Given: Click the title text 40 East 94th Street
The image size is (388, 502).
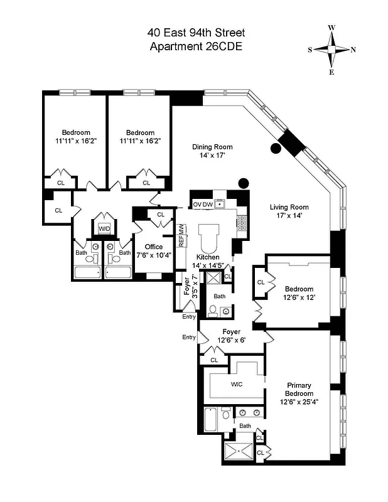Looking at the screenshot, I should tap(196, 32).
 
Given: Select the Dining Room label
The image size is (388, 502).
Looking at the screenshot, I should tap(208, 151).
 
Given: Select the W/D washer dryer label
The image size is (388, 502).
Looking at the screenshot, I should tap(104, 229).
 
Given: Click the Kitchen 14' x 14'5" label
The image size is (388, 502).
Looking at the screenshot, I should tap(207, 262).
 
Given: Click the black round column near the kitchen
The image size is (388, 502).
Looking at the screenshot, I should tap(243, 183).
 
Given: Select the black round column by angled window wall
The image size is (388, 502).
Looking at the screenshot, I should tap(274, 148).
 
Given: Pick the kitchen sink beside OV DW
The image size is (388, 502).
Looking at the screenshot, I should tap(220, 203).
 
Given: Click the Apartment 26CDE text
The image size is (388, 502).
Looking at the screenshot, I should tap(196, 46).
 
